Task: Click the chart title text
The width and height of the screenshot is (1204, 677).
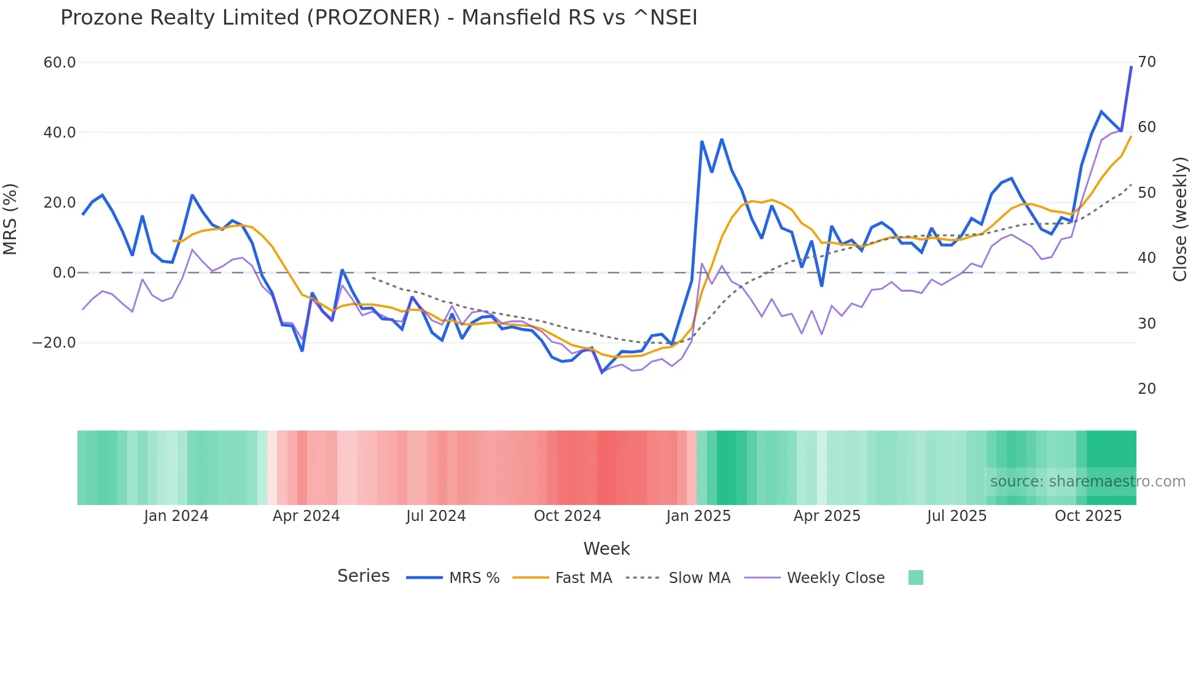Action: click(x=378, y=18)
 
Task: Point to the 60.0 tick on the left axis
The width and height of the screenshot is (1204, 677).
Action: click(x=60, y=63)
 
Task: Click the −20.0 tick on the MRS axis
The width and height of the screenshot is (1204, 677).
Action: click(x=54, y=343)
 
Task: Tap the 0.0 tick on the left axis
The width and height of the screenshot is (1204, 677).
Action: click(x=64, y=273)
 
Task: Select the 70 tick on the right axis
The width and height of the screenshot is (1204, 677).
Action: click(x=1147, y=62)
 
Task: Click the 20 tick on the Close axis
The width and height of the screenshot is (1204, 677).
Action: click(x=1147, y=389)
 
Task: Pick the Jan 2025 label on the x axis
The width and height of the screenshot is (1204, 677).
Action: click(x=698, y=516)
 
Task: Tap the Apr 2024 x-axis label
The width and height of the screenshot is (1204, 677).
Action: click(x=306, y=516)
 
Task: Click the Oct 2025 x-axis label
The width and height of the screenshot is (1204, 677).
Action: click(x=1088, y=516)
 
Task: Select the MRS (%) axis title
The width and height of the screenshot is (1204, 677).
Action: click(x=10, y=219)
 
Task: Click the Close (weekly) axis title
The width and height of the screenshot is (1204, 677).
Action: click(x=1180, y=219)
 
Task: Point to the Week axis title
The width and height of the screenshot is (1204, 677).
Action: click(x=606, y=549)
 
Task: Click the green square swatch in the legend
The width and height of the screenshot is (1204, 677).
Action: click(x=915, y=577)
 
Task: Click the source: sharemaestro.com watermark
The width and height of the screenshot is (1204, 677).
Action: click(x=1087, y=482)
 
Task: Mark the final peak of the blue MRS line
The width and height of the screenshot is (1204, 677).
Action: click(x=1131, y=67)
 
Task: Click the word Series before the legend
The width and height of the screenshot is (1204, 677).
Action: click(x=363, y=576)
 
